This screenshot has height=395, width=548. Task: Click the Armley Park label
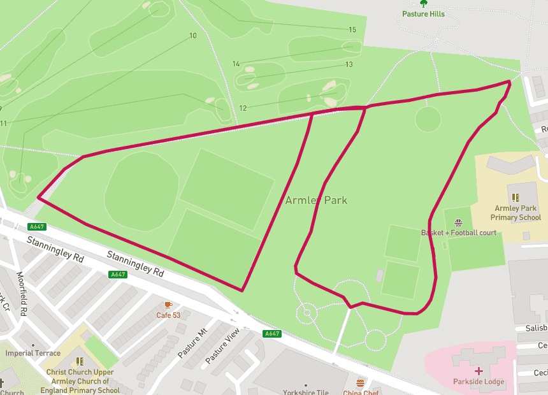(x=317, y=200)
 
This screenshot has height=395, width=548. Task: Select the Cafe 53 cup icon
(x=168, y=305)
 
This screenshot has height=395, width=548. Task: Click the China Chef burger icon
(x=360, y=383)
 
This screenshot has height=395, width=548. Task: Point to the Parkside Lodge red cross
(x=479, y=370)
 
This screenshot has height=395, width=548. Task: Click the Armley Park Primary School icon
(x=516, y=197)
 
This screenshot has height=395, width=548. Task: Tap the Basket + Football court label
(x=458, y=233)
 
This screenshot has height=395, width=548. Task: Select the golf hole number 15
(x=352, y=30)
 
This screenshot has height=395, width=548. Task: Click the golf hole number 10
(x=193, y=36)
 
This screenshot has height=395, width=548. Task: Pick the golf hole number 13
(x=349, y=64)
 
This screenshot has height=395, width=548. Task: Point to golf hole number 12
(x=242, y=108)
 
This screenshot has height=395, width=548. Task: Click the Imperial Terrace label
(x=33, y=353)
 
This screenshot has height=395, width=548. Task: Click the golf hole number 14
(x=236, y=64)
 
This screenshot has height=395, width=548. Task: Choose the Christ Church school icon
(x=80, y=361)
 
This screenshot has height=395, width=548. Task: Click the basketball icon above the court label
(x=458, y=222)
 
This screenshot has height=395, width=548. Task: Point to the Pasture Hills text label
(x=424, y=14)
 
